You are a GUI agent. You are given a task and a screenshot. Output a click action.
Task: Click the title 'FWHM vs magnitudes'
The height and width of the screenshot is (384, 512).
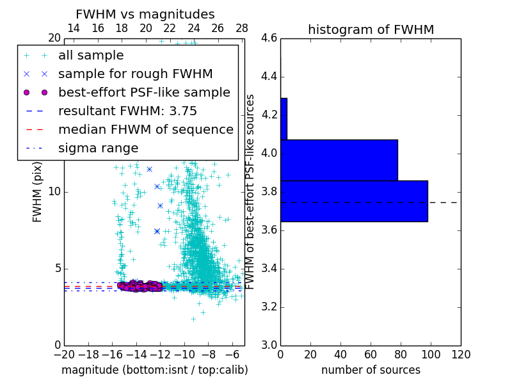click(x=145, y=14)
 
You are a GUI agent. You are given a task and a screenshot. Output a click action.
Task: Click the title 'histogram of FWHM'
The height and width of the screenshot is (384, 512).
click(x=371, y=29)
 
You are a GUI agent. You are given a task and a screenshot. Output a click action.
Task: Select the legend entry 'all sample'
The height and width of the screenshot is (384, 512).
click(x=91, y=56)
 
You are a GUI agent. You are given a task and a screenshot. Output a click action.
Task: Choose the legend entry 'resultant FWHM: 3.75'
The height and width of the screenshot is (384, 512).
click(x=125, y=111)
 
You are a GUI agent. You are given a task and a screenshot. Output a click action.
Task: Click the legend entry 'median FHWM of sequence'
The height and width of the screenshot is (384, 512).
click(x=145, y=129)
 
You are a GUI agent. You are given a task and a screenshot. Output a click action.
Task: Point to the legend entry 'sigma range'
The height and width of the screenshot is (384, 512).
click(x=98, y=148)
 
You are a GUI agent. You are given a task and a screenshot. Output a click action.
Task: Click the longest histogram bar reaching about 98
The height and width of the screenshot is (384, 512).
click(x=354, y=201)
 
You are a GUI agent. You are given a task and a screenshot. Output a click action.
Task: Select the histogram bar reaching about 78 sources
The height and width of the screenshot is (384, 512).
click(x=339, y=160)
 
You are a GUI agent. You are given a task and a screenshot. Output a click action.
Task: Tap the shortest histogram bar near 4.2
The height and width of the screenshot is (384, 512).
click(x=284, y=118)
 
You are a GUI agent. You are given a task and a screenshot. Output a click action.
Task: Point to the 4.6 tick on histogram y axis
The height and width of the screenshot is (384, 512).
click(x=269, y=38)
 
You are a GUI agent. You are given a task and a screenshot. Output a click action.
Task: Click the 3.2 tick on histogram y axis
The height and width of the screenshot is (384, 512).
click(x=269, y=307)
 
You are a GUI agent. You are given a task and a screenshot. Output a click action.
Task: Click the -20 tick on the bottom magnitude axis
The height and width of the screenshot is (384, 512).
click(x=64, y=354)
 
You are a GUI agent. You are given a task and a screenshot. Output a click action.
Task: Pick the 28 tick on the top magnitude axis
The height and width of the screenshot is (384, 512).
click(x=242, y=28)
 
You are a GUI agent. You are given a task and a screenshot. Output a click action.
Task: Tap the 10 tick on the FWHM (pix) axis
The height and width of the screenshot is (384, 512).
click(x=54, y=192)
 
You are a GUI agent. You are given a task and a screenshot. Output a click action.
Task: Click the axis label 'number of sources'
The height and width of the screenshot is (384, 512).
click(x=371, y=370)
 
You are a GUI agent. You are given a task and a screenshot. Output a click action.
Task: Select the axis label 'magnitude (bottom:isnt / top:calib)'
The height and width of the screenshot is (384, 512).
click(x=154, y=370)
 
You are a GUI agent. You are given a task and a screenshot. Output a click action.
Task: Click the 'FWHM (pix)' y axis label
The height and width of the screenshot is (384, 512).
click(x=38, y=192)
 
